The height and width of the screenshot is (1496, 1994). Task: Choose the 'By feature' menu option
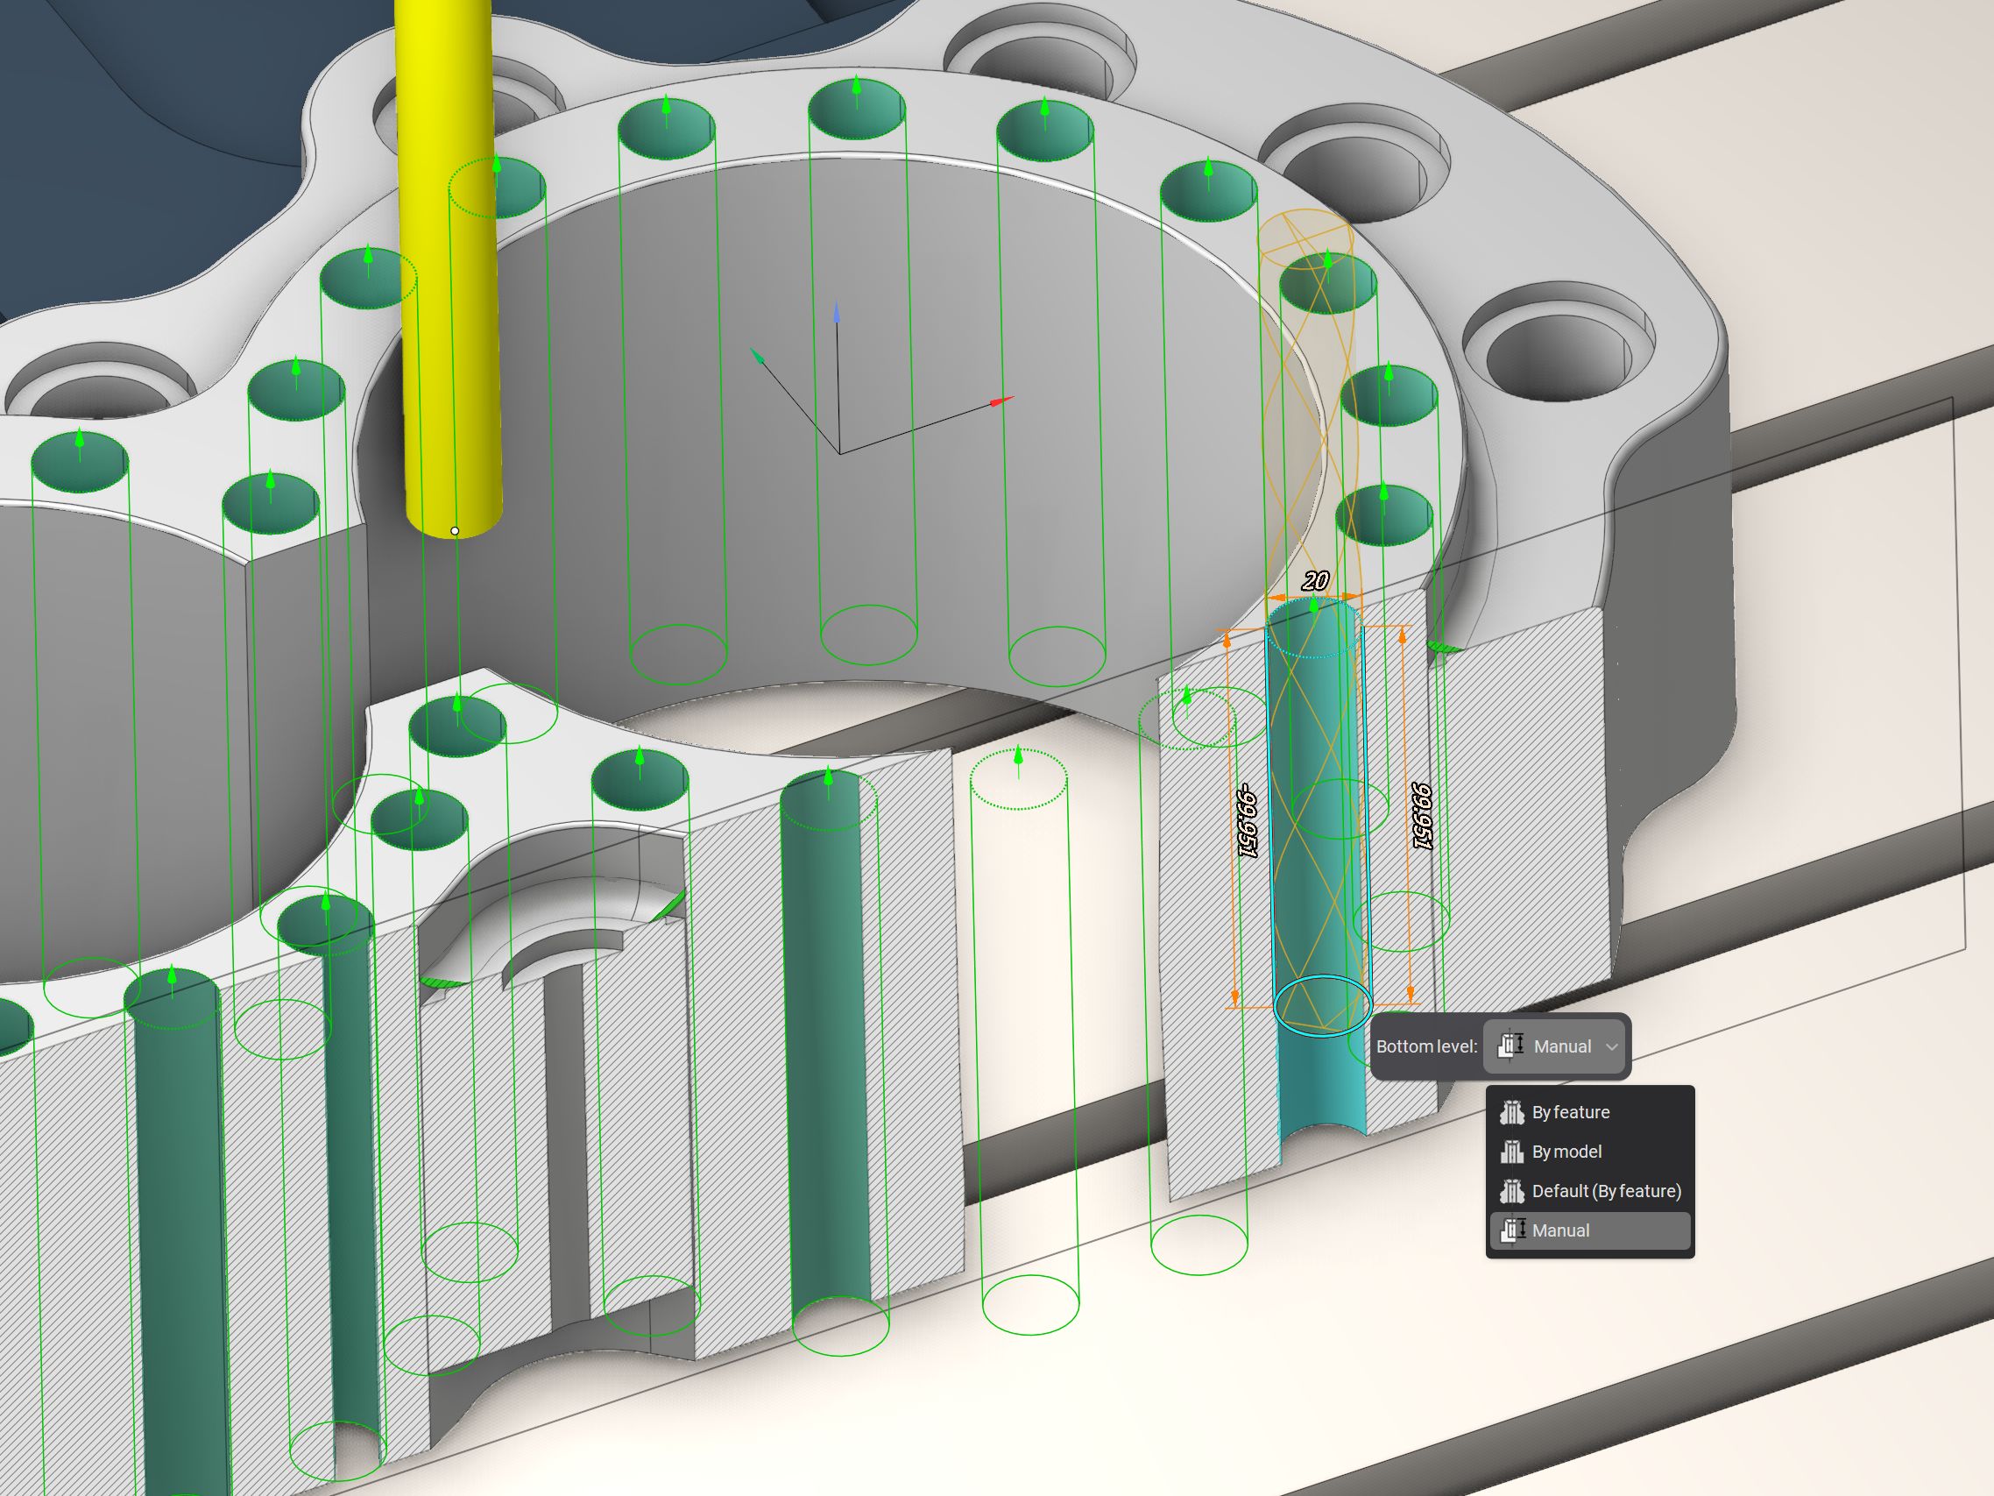click(1570, 1112)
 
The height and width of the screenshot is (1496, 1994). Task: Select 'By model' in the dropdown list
click(1566, 1152)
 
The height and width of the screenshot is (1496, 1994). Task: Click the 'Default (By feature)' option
click(1607, 1191)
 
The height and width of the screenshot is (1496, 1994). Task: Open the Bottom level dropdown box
click(1555, 1046)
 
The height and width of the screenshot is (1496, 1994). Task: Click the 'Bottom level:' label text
click(1427, 1046)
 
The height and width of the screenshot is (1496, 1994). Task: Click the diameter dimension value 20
click(1315, 581)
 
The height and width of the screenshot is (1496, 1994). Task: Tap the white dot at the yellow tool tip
click(455, 531)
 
